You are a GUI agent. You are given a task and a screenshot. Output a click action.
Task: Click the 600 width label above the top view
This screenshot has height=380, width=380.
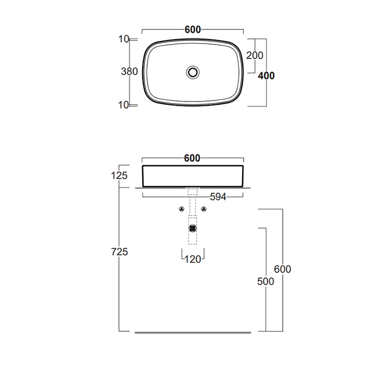(x=193, y=29)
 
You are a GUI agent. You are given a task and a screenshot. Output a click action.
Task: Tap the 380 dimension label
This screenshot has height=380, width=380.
(x=129, y=72)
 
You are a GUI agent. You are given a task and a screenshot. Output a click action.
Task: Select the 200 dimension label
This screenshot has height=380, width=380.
(x=255, y=55)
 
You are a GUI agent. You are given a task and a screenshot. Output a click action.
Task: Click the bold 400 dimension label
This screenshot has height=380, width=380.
(x=266, y=75)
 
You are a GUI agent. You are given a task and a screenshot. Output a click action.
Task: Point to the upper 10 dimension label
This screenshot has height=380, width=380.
(x=124, y=39)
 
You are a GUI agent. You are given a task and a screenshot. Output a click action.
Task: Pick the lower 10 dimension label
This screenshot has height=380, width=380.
(x=124, y=105)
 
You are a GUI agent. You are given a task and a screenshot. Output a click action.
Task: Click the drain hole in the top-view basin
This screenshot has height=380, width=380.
(x=193, y=72)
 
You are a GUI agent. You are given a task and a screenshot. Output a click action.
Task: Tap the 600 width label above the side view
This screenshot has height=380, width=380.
(x=192, y=159)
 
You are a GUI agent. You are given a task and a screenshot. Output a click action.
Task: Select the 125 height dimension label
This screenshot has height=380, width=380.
(x=119, y=175)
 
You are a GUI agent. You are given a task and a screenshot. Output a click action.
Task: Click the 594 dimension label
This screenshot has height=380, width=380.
(x=218, y=197)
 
